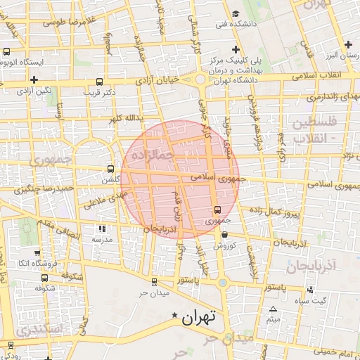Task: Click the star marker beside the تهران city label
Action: (x=175, y=319)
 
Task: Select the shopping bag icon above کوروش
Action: (x=224, y=235)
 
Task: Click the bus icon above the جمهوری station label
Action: (x=217, y=209)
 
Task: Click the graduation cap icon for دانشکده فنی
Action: (x=236, y=14)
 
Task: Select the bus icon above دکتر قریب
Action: (x=98, y=81)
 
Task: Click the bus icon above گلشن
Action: (x=110, y=169)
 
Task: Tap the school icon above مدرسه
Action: (x=102, y=228)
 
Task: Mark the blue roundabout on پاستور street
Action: (x=224, y=283)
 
